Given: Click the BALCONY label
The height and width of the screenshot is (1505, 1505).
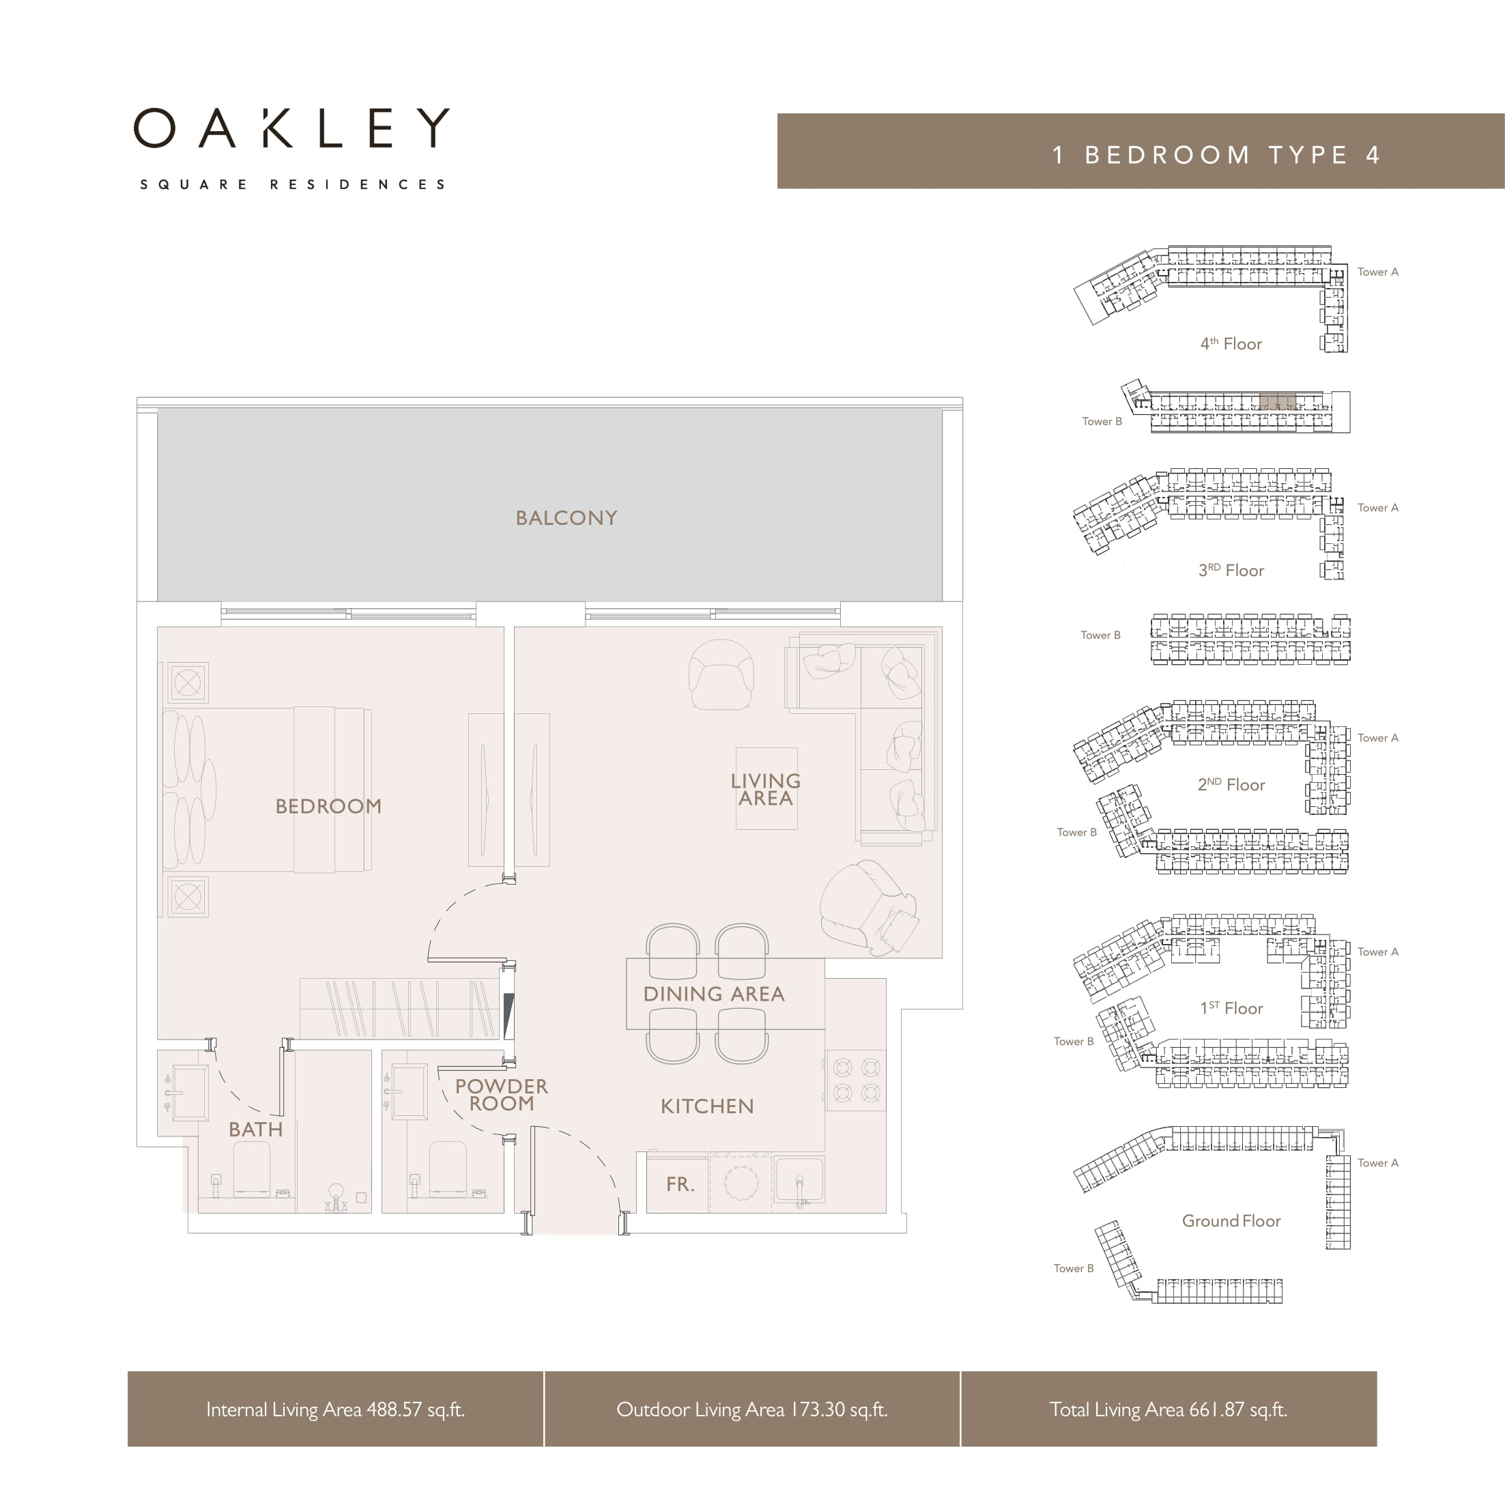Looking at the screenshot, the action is [567, 518].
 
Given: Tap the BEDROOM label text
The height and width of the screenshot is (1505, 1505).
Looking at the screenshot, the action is [328, 806].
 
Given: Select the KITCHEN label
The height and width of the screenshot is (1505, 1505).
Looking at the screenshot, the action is [706, 1106].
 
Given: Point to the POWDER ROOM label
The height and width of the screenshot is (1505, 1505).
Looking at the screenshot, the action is [502, 1095].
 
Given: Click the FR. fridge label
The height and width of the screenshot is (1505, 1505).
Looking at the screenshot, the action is [679, 1185].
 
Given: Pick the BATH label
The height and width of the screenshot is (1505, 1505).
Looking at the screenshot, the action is [255, 1130].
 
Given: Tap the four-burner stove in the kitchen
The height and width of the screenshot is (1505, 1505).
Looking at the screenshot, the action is [856, 1080].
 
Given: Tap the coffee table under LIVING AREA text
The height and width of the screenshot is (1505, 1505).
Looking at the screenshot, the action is [766, 788].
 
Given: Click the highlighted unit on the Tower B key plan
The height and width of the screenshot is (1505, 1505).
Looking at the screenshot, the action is [1278, 401].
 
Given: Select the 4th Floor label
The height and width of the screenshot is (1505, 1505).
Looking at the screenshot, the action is [1231, 343].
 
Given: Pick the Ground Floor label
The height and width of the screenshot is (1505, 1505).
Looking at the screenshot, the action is [1231, 1220].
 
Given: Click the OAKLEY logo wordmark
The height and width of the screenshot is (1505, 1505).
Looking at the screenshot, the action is [291, 128].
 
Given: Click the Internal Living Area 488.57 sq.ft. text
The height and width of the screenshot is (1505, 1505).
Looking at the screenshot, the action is [335, 1409].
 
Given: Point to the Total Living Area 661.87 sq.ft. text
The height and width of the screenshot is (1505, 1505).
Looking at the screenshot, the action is [1168, 1409].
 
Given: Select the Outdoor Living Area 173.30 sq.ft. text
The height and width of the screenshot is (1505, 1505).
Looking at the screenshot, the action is [751, 1409].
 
